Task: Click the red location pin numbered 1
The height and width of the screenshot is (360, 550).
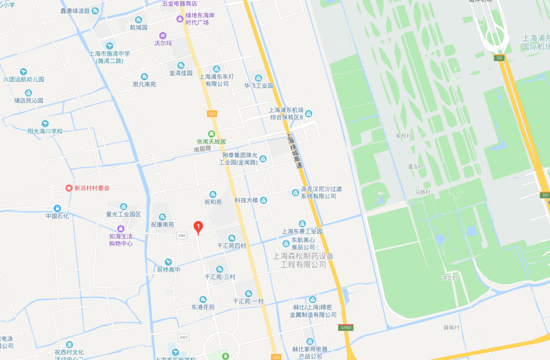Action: pos(198,227)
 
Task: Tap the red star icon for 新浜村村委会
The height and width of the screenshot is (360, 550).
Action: pos(69,188)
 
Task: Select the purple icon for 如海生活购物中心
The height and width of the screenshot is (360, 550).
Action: pos(120,228)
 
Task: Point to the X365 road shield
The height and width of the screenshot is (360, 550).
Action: pos(182,235)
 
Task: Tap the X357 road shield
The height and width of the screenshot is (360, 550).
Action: pos(184,337)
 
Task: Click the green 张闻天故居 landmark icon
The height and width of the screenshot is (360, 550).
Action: pos(211,134)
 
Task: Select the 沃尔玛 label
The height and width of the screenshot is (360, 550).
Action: pos(163,43)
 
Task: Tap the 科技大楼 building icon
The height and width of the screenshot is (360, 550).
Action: pos(264,200)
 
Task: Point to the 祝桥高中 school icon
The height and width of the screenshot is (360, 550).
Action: pos(169,262)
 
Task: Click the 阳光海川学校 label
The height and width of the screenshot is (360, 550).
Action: pos(45,131)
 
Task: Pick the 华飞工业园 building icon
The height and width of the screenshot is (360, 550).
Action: pos(258,77)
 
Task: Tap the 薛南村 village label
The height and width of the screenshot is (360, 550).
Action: pos(452,327)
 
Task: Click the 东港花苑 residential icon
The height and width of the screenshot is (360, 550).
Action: pos(203,299)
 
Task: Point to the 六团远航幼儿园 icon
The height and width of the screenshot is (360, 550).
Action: pos(23,71)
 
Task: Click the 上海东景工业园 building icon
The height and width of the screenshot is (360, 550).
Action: pos(302,223)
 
